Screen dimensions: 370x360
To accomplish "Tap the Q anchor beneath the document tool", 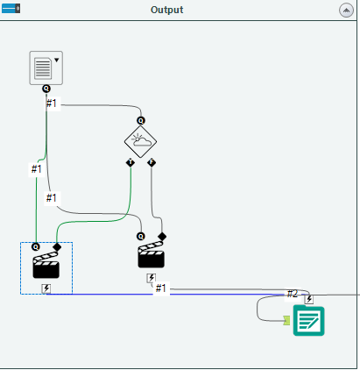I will pyautogui.click(x=46, y=89).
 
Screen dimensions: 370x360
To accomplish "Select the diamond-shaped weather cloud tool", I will pyautogui.click(x=141, y=140).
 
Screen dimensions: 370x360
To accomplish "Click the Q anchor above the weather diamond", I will pyautogui.click(x=141, y=118).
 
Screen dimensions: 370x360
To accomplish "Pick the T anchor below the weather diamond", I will pyautogui.click(x=130, y=163).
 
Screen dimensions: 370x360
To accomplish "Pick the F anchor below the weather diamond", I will pyautogui.click(x=152, y=163).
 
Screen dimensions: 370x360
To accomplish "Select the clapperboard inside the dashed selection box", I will pyautogui.click(x=46, y=267).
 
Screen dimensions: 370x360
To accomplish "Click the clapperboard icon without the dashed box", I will pyautogui.click(x=151, y=256).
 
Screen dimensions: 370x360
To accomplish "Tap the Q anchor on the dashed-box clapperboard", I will pyautogui.click(x=36, y=247).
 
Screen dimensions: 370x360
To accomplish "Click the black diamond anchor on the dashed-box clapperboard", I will pyautogui.click(x=57, y=247).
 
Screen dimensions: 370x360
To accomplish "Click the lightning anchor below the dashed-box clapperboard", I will pyautogui.click(x=46, y=288).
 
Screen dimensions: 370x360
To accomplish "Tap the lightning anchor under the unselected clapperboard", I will pyautogui.click(x=151, y=277).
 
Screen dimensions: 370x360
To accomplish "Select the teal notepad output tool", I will pyautogui.click(x=308, y=321).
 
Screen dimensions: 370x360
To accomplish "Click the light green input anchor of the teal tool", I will pyautogui.click(x=286, y=321).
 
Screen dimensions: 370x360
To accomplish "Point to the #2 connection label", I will pyautogui.click(x=293, y=294).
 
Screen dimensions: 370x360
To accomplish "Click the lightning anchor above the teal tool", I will pyautogui.click(x=308, y=299).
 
